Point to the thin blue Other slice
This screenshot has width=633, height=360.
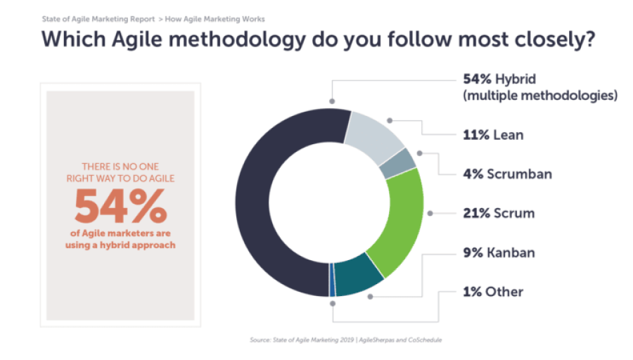332,281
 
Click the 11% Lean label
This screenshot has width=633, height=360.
492,135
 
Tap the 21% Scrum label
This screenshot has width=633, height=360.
499,212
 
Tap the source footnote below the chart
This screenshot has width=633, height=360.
345,340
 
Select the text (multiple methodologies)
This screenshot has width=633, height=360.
540,95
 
